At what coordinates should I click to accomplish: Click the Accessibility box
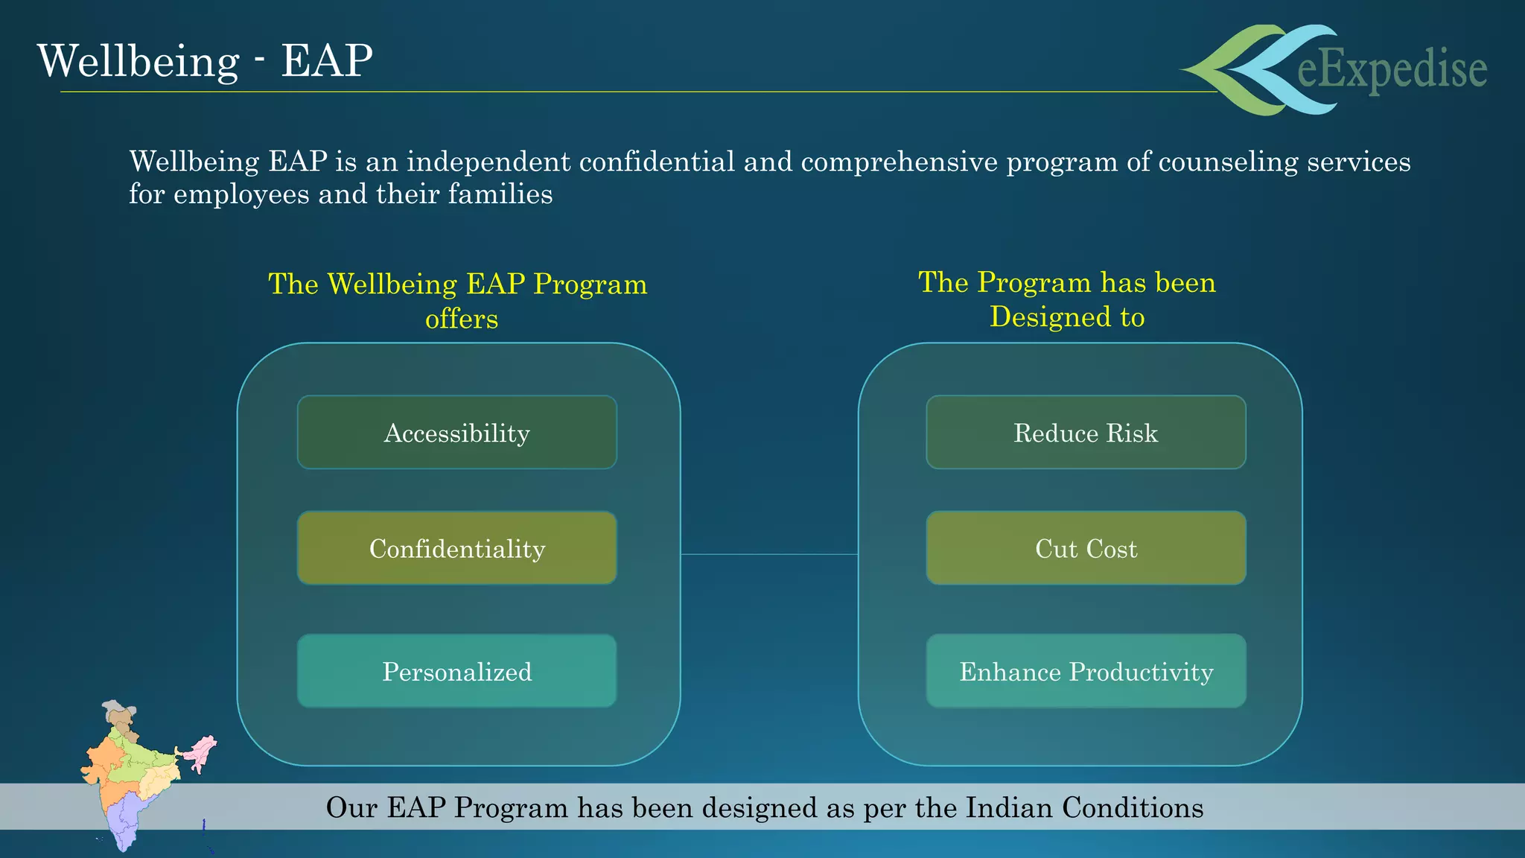pyautogui.click(x=456, y=433)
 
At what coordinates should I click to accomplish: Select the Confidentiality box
pyautogui.click(x=456, y=548)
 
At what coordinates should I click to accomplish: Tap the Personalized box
pyautogui.click(x=456, y=671)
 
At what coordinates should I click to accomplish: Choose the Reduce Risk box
pyautogui.click(x=1086, y=433)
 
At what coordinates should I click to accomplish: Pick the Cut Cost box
pyautogui.click(x=1086, y=548)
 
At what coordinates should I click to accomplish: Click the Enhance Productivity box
pyautogui.click(x=1086, y=671)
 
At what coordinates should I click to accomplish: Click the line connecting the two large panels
pyautogui.click(x=769, y=554)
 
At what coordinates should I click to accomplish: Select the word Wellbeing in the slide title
pyautogui.click(x=138, y=60)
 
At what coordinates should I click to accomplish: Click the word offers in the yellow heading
pyautogui.click(x=461, y=319)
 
